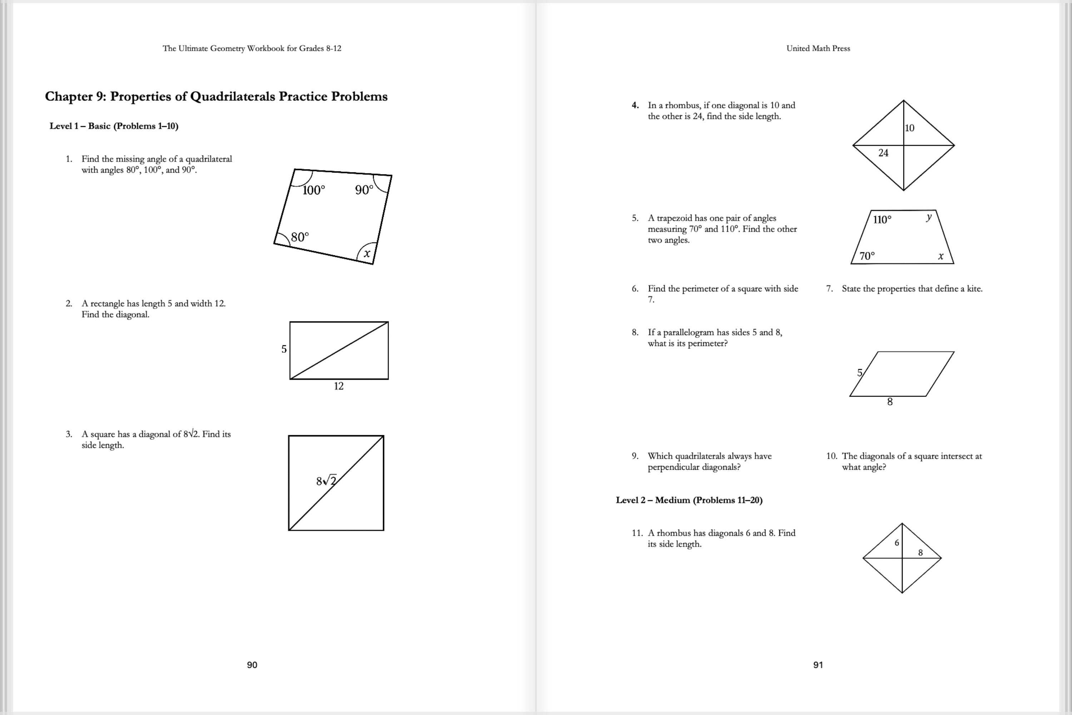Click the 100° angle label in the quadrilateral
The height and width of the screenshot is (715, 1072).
(x=314, y=190)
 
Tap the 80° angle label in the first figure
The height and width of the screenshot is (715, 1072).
(x=299, y=237)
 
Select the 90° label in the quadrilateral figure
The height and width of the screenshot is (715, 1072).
(x=364, y=190)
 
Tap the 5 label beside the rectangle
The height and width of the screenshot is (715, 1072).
(x=284, y=349)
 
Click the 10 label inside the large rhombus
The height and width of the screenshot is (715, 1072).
(x=909, y=128)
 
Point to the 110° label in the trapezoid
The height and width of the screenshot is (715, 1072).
(x=882, y=220)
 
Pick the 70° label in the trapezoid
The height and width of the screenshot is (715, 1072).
(x=867, y=256)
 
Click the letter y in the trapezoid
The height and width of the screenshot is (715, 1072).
(x=928, y=217)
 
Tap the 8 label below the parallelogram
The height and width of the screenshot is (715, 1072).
(x=890, y=402)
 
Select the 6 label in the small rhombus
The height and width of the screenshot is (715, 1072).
(x=897, y=543)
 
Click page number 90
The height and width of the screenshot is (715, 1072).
(x=252, y=665)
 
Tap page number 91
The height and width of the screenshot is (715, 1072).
(x=818, y=665)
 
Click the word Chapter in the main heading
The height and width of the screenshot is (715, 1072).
(x=68, y=97)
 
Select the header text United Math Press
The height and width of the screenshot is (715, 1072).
(x=818, y=48)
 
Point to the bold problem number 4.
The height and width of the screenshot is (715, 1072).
(x=635, y=105)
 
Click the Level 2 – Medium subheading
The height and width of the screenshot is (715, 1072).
(x=689, y=500)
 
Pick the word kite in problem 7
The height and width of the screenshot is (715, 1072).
(x=974, y=289)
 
